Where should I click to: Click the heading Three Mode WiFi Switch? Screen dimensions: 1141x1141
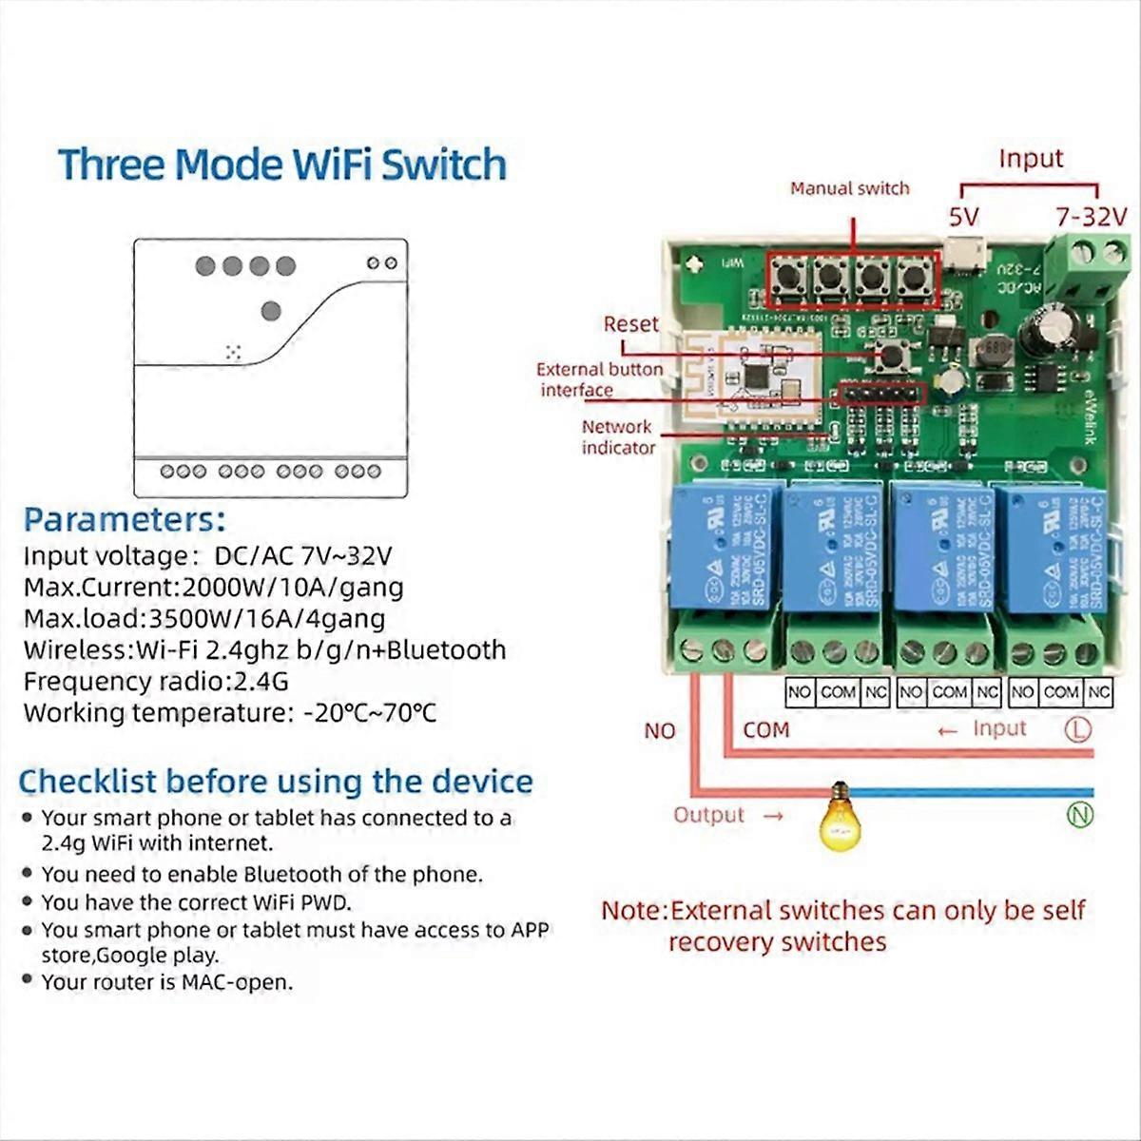pos(281,164)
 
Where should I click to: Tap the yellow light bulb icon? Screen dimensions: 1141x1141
pos(839,817)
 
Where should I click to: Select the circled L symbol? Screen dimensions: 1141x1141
pos(1077,729)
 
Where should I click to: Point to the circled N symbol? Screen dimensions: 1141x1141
pos(1079,814)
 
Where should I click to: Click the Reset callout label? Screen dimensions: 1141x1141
pos(630,324)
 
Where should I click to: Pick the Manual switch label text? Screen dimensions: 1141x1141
pos(849,188)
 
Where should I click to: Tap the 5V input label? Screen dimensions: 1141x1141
pos(963,217)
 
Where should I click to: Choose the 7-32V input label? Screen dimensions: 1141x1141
pos(1090,217)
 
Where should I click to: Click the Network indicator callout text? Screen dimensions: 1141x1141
pos(618,437)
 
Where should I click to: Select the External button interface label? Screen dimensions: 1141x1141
pos(599,379)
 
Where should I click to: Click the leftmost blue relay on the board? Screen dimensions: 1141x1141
pos(726,546)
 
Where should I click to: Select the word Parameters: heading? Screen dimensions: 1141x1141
pos(125,520)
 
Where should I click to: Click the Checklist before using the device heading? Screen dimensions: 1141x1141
pos(276,782)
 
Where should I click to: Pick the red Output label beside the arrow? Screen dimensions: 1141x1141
pos(708,815)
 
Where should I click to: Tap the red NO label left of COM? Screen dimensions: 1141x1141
pos(659,731)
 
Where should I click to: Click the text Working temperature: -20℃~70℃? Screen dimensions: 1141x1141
pos(230,712)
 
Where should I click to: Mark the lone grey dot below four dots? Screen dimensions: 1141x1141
pos(271,310)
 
